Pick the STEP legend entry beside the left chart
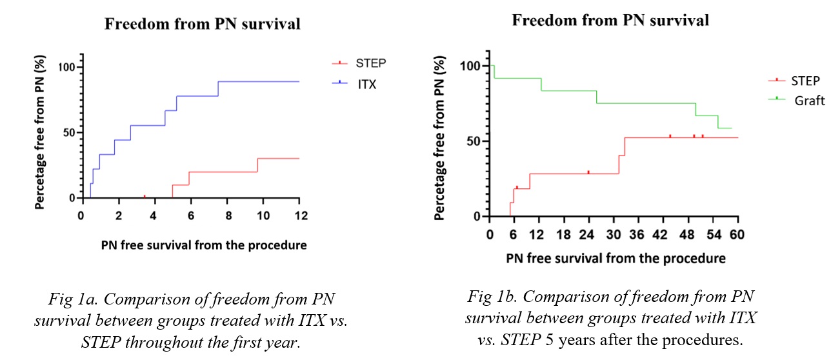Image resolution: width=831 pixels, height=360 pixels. tap(370, 63)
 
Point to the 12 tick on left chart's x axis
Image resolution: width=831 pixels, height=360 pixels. tap(298, 214)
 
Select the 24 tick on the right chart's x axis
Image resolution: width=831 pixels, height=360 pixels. tap(588, 234)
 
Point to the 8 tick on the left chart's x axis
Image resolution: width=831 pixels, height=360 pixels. tap(226, 214)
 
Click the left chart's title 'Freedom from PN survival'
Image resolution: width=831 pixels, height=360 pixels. tap(203, 25)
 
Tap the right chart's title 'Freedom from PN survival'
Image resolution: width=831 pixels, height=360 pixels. tap(610, 20)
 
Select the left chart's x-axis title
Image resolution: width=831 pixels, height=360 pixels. tap(203, 245)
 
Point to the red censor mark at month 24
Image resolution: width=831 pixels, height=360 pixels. tap(588, 172)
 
